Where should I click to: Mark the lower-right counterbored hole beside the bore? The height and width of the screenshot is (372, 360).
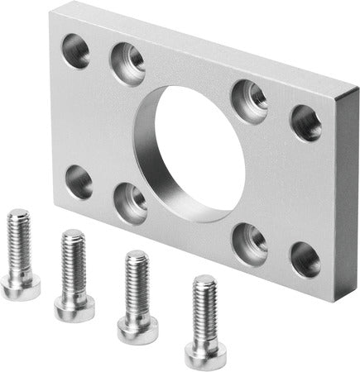click(x=249, y=241)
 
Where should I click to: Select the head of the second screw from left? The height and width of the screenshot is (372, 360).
click(x=72, y=305)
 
